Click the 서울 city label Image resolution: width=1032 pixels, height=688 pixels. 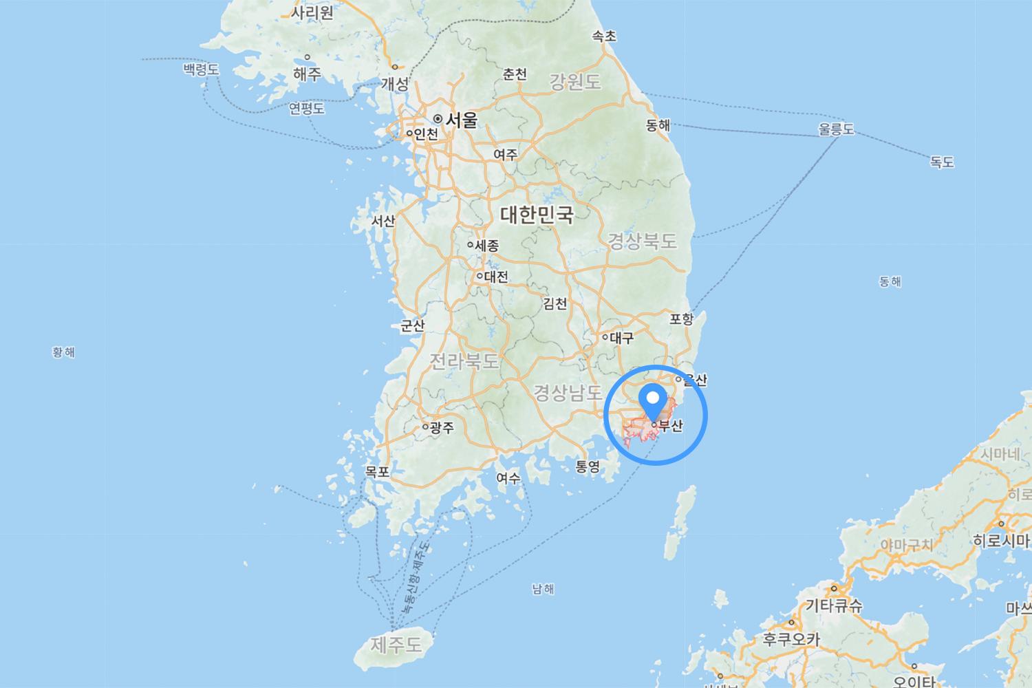tap(460, 120)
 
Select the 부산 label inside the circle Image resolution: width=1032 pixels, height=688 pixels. tap(670, 427)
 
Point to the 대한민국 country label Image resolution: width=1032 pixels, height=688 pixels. tap(537, 215)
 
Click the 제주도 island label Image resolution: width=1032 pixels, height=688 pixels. tap(396, 645)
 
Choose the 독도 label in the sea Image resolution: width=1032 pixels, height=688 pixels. tap(942, 162)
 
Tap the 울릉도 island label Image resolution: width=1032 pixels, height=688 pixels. tap(836, 129)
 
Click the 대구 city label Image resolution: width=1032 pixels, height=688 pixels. tap(621, 338)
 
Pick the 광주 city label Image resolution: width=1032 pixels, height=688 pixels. tap(442, 428)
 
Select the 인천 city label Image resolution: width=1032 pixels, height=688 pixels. tap(425, 134)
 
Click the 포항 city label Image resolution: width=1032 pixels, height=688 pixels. tap(682, 319)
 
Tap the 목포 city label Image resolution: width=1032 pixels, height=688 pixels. tap(377, 472)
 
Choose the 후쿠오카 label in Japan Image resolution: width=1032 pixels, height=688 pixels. tap(791, 639)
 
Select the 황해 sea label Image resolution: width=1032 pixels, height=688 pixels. tap(63, 352)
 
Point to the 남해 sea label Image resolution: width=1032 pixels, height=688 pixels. tap(543, 589)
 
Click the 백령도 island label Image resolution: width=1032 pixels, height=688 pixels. tap(201, 69)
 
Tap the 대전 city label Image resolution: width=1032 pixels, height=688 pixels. tap(495, 277)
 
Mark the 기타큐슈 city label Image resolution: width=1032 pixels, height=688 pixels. tap(834, 606)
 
